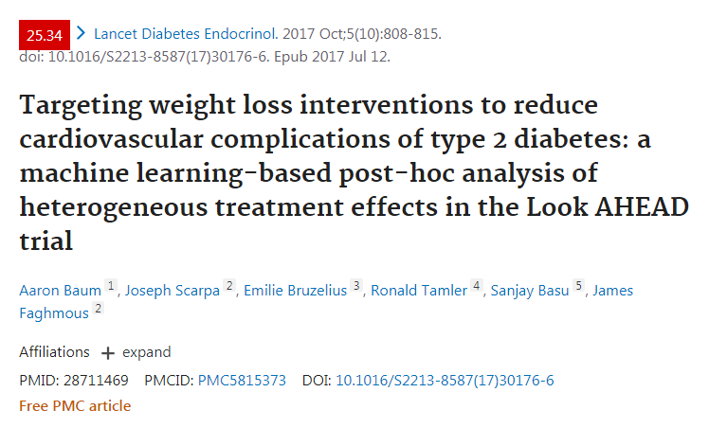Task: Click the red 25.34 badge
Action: tap(45, 35)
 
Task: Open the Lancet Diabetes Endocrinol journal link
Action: tap(186, 34)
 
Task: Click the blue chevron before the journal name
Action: tap(81, 33)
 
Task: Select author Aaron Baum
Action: tap(60, 291)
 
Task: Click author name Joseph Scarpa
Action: tap(173, 291)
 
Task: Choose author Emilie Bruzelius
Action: tap(296, 291)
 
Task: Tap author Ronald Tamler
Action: tap(419, 291)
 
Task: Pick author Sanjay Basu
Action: tap(530, 291)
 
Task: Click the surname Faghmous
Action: tap(54, 313)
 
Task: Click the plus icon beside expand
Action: tap(108, 353)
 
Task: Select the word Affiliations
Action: tap(54, 351)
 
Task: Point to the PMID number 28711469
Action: tap(96, 381)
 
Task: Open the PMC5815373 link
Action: tap(242, 381)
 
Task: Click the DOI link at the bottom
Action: tap(445, 381)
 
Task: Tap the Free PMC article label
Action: tap(75, 406)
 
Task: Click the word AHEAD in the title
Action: tap(642, 207)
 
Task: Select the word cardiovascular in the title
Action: tap(111, 139)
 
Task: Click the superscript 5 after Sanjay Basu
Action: tap(579, 286)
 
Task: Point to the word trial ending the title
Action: tap(45, 241)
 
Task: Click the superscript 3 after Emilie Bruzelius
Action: tap(356, 286)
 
